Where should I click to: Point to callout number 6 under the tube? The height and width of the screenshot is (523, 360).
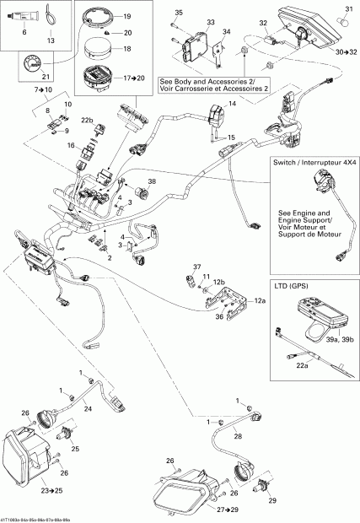[x=24, y=31]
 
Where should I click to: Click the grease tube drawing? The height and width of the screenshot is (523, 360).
[x=25, y=13]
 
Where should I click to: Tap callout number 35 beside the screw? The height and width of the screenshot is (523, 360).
[x=178, y=13]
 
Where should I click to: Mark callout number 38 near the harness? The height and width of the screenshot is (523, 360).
[x=152, y=181]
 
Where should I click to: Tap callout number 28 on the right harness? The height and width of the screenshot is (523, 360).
[x=238, y=437]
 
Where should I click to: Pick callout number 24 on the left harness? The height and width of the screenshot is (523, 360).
[x=87, y=407]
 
